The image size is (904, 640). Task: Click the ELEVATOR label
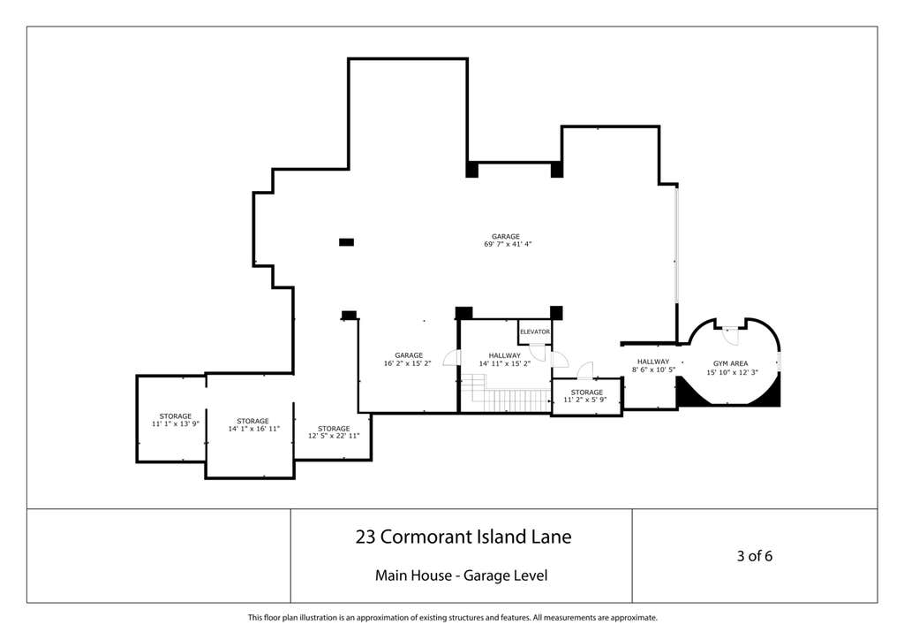[x=535, y=331]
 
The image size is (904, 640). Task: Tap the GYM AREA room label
[x=730, y=363]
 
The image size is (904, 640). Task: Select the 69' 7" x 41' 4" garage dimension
[x=508, y=244]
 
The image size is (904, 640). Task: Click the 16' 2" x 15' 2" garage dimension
[x=408, y=363]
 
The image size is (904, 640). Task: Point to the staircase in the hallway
[x=506, y=392]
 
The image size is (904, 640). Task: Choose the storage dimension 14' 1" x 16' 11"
[x=253, y=429]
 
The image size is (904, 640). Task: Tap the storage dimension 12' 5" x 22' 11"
[x=334, y=436]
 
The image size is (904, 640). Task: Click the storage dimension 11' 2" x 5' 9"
[x=585, y=400]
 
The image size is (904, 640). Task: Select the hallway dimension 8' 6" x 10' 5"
[x=653, y=370]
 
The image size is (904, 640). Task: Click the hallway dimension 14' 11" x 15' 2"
[x=504, y=363]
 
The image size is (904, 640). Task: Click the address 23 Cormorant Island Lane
[x=463, y=537]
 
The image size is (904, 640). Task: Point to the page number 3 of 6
[x=754, y=556]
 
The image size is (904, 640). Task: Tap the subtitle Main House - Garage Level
[x=461, y=575]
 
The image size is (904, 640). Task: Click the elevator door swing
[x=538, y=352]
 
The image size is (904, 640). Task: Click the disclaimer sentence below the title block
[x=452, y=618]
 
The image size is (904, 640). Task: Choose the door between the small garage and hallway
[x=452, y=358]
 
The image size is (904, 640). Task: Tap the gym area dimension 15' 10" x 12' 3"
[x=732, y=372]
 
